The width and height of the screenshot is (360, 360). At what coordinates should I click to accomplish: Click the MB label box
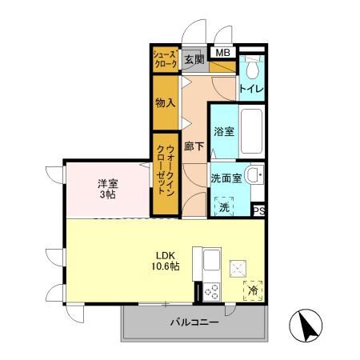[x=223, y=54]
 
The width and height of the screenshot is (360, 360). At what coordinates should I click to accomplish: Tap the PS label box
[x=258, y=211]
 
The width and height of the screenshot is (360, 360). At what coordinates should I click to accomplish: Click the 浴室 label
[x=223, y=131]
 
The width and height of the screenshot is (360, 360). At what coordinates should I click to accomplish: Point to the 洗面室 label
[x=226, y=178]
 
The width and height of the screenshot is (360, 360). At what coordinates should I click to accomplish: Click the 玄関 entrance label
[x=194, y=60]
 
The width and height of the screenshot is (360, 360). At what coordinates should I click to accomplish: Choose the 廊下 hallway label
[x=194, y=146]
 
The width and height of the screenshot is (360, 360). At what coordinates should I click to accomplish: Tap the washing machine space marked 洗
[x=225, y=206]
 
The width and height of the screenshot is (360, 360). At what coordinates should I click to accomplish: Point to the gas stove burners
[x=213, y=291]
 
